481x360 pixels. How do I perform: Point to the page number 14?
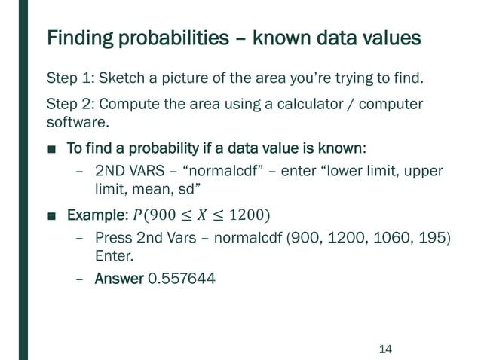(385, 349)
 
